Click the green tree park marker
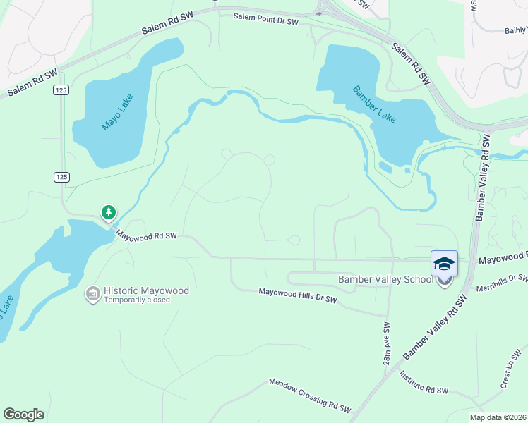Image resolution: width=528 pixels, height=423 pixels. pyautogui.click(x=108, y=211)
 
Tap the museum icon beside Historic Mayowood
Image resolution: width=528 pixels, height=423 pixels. pyautogui.click(x=92, y=293)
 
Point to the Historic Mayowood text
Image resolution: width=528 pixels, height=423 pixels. pyautogui.click(x=146, y=290)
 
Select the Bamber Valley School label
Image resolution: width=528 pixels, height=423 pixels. pyautogui.click(x=385, y=279)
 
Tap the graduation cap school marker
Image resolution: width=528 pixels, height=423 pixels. pyautogui.click(x=444, y=264)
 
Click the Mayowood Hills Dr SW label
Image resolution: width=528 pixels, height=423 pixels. pyautogui.click(x=298, y=295)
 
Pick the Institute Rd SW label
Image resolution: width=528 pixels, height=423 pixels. pyautogui.click(x=424, y=384)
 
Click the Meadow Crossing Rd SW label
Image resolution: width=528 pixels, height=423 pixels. pyautogui.click(x=309, y=395)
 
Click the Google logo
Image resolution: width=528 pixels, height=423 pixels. pyautogui.click(x=23, y=414)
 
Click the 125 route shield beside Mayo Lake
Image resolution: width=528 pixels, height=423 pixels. pyautogui.click(x=60, y=90)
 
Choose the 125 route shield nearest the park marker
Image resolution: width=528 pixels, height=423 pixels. pyautogui.click(x=61, y=177)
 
